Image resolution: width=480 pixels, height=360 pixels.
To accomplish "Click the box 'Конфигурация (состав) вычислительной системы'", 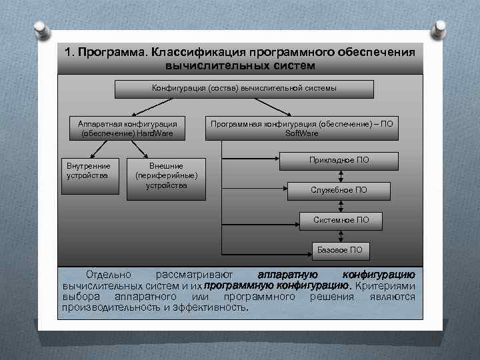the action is [244, 89].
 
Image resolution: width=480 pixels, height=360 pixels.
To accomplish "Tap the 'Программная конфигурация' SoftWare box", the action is [301, 128].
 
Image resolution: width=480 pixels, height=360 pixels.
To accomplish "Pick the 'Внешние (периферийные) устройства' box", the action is [166, 179].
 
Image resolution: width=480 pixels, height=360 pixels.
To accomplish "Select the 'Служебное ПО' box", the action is [338, 190].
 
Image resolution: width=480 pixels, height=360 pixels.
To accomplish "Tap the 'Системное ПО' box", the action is [340, 219].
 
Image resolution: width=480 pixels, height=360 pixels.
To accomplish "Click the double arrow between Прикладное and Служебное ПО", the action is [341, 175].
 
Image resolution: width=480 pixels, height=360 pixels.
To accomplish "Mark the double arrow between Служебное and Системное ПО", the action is [341, 205].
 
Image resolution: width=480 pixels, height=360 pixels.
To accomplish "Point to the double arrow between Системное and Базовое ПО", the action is [341, 235].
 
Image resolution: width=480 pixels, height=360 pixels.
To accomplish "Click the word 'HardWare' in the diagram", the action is [155, 133].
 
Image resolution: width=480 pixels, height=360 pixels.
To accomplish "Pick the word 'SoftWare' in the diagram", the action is [301, 133].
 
